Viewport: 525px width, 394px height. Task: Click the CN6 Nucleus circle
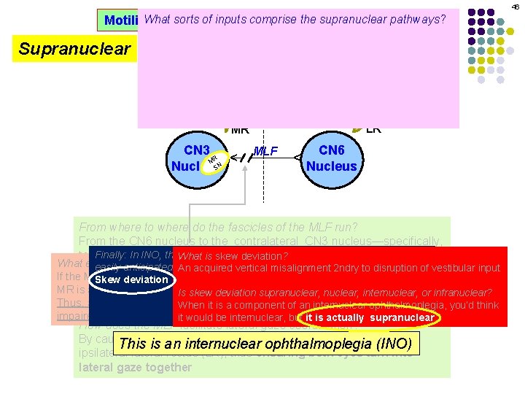click(332, 158)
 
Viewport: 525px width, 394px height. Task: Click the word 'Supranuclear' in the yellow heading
click(74, 50)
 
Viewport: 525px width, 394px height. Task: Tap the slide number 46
click(515, 7)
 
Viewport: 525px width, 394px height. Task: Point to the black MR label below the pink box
click(240, 131)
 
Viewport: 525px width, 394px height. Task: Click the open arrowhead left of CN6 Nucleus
click(297, 158)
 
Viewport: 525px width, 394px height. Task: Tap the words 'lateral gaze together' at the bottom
click(133, 368)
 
